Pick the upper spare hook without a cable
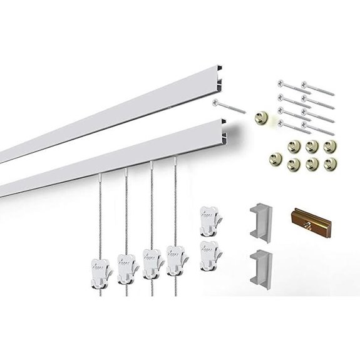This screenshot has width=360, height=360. click(x=208, y=220)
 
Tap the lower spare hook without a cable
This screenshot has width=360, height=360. click(x=208, y=252)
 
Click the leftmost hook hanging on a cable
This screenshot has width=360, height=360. click(x=98, y=263)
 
